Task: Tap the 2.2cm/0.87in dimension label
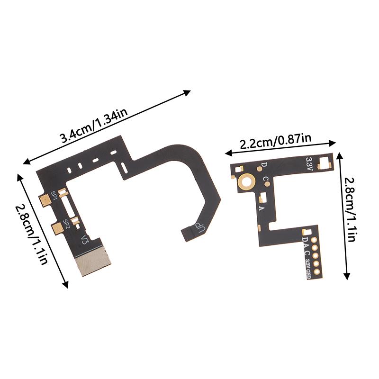click(x=275, y=141)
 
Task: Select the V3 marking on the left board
click(x=85, y=240)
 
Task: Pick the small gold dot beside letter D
click(x=259, y=168)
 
